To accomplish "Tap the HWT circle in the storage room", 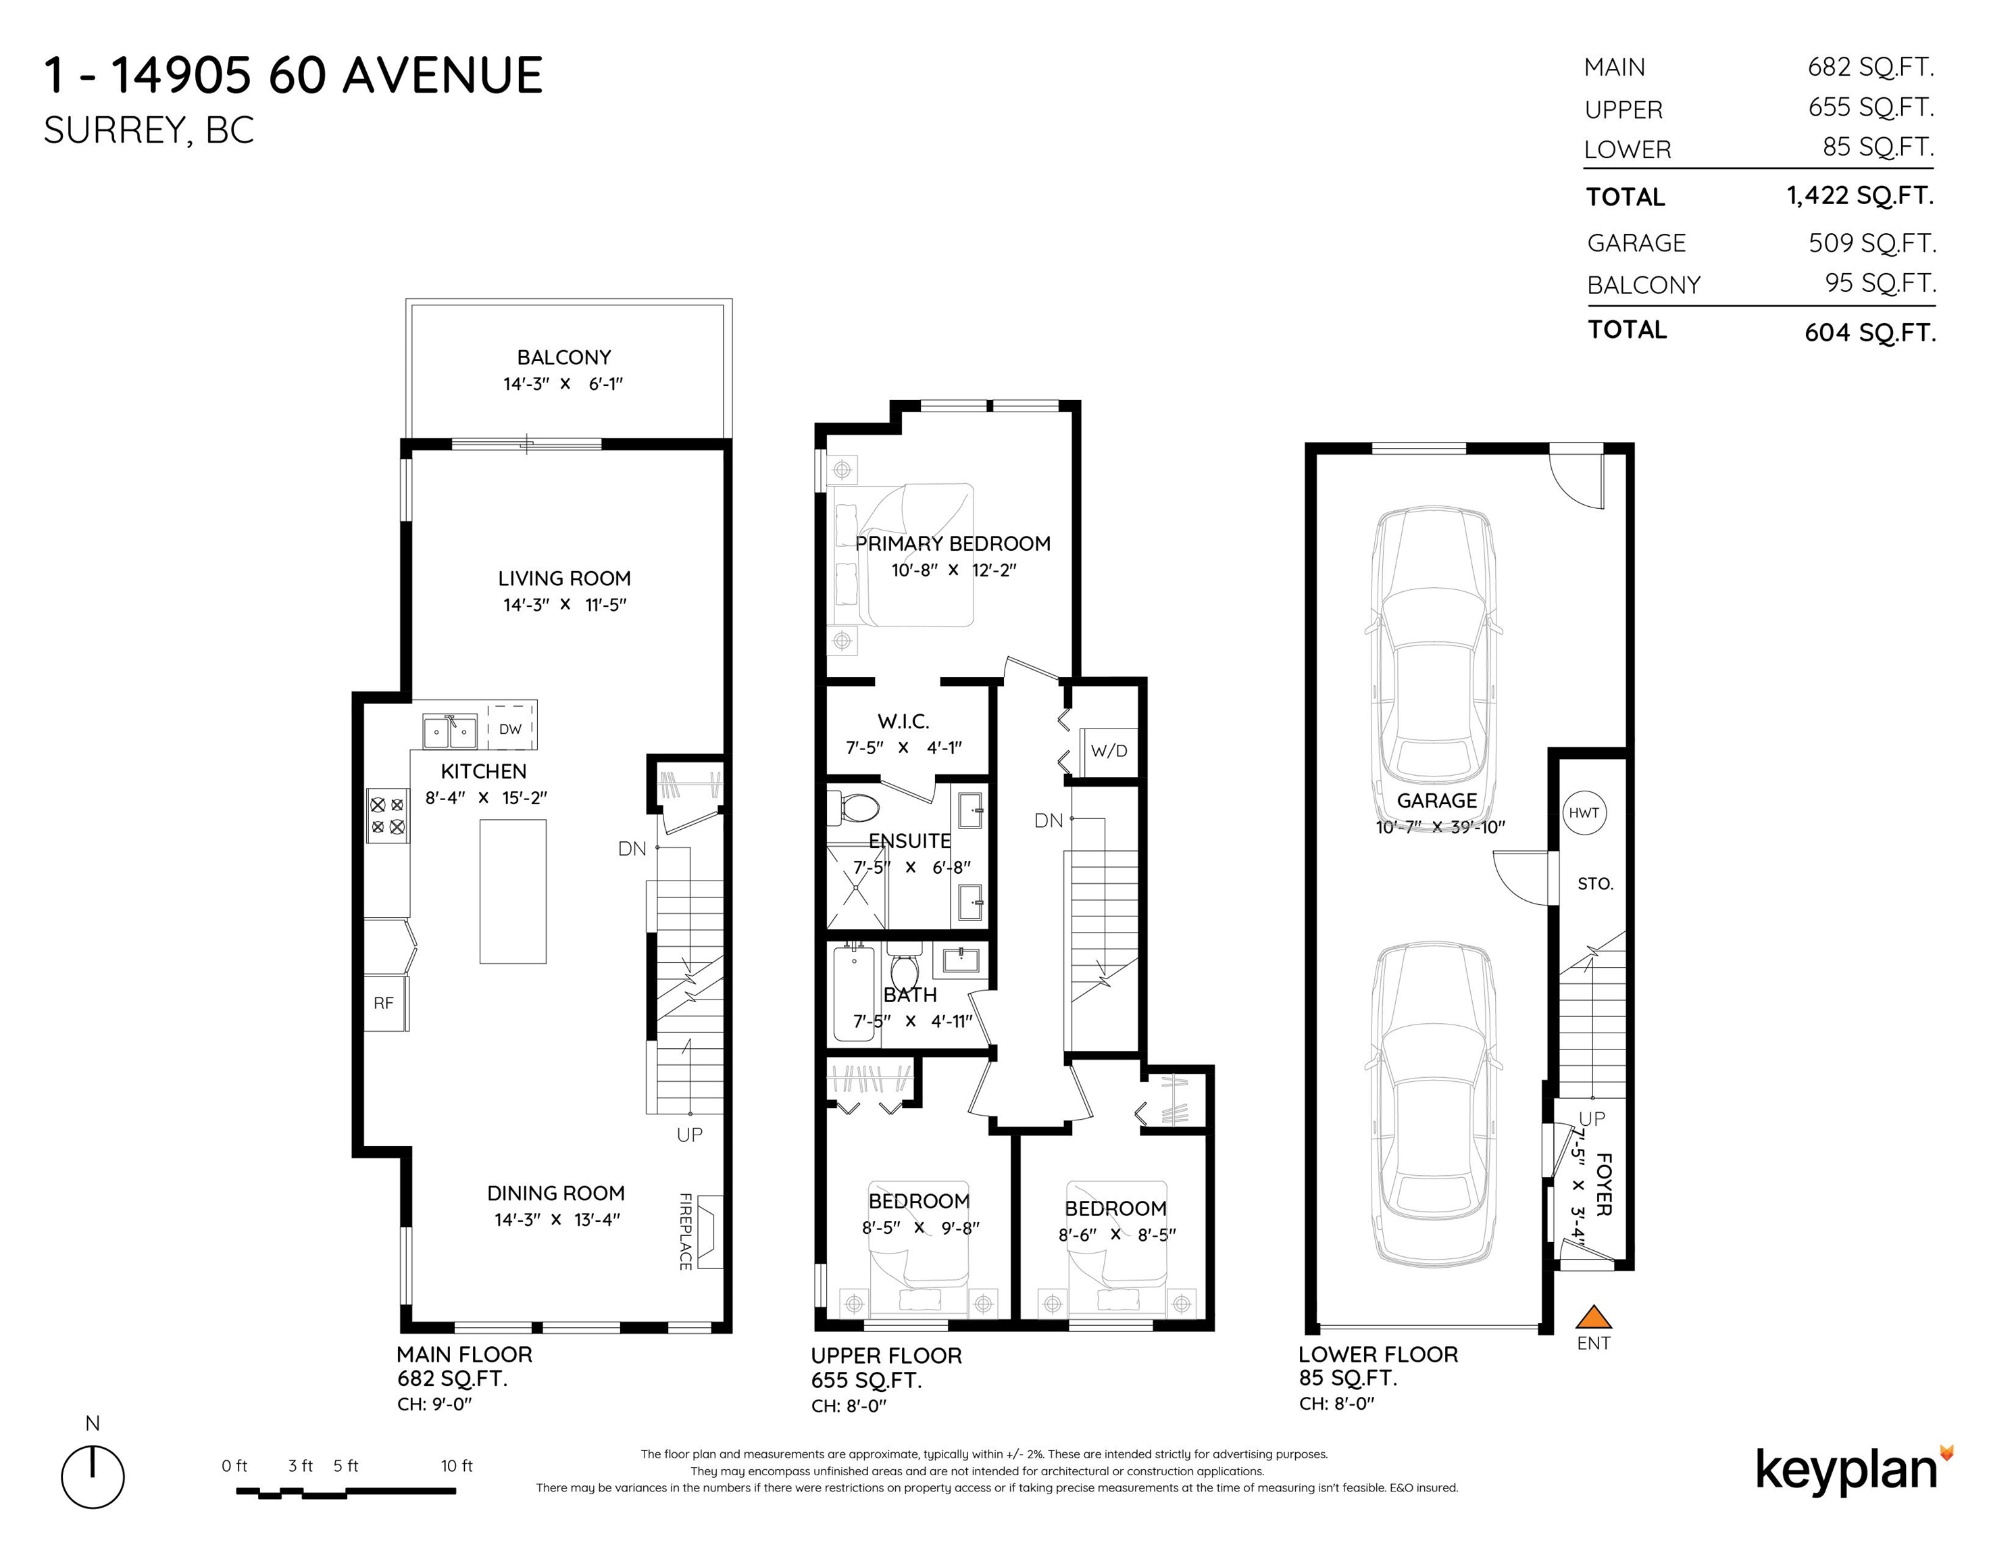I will point(1584,813).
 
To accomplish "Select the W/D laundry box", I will point(1109,750).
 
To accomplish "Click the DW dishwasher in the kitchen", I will point(510,728).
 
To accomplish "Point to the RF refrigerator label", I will point(384,1003).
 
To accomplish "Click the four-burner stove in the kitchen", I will point(387,816).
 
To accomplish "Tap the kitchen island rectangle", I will point(513,891).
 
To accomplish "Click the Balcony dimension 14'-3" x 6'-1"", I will point(563,384).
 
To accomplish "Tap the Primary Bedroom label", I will point(953,543).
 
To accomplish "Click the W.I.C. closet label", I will point(903,721).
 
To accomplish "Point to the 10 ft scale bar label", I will point(457,1466).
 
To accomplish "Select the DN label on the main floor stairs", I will point(632,849).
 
